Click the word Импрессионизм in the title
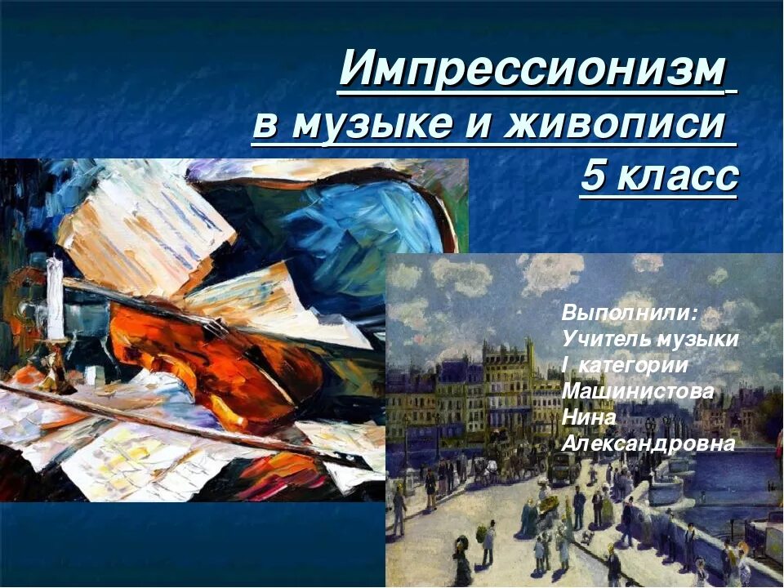pyautogui.click(x=531, y=70)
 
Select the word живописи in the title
pyautogui.click(x=617, y=125)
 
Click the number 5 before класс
pyautogui.click(x=593, y=177)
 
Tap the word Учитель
pyautogui.click(x=603, y=339)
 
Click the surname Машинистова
pyautogui.click(x=638, y=391)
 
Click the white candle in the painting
pyautogui.click(x=55, y=298)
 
